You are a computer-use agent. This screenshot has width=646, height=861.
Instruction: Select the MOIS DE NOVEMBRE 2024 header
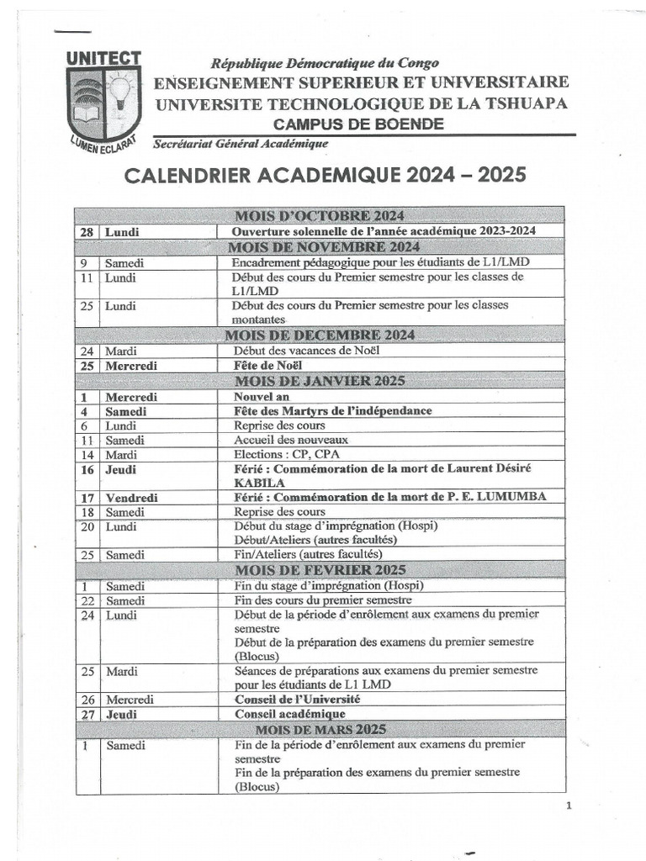(324, 246)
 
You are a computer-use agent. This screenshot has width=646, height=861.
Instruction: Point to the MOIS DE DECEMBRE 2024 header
(324, 335)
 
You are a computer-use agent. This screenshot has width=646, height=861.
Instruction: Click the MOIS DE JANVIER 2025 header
(324, 380)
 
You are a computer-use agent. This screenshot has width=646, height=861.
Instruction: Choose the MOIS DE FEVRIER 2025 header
(324, 570)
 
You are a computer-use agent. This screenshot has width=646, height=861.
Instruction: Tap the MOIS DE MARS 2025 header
(324, 728)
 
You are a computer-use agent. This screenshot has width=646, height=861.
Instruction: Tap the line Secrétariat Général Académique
(241, 144)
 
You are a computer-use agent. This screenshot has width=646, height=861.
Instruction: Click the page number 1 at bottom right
(569, 806)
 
